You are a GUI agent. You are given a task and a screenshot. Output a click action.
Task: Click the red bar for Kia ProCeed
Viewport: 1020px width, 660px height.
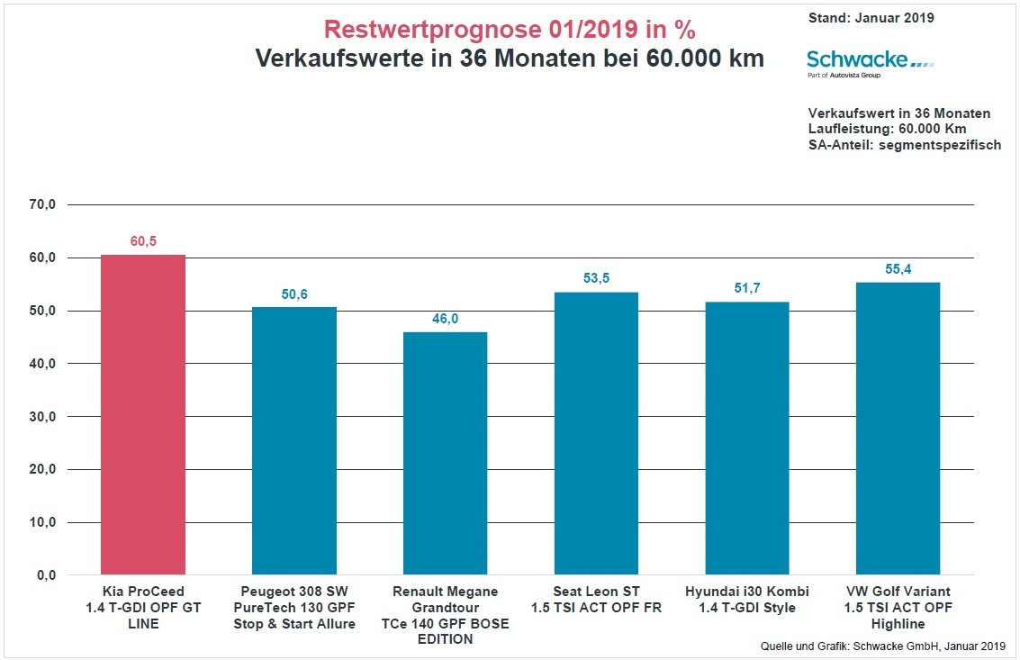142,414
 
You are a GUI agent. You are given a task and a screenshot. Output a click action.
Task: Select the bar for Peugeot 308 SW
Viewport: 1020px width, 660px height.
294,440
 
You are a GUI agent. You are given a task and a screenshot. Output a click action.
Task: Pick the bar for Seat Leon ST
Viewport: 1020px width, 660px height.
596,433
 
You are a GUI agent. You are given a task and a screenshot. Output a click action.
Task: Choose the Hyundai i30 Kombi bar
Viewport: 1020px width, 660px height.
746,438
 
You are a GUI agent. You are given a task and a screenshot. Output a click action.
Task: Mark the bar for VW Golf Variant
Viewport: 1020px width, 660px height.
898,429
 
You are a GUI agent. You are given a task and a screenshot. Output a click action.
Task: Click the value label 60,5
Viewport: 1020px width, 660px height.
143,241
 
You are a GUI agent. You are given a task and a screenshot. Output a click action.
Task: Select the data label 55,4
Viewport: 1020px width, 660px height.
898,269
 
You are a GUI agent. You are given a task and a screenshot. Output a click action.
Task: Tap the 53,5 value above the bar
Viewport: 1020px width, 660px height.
596,278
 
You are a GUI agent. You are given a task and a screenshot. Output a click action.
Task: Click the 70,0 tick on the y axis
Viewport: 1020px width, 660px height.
41,204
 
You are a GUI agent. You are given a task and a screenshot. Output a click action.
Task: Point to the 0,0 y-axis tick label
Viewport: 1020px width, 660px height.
45,574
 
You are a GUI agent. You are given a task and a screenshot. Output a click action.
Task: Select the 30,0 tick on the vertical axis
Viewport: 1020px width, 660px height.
41,416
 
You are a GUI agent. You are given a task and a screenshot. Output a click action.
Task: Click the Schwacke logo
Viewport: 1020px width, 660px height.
870,62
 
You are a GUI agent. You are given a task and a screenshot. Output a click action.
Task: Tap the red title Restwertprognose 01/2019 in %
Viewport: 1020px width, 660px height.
510,29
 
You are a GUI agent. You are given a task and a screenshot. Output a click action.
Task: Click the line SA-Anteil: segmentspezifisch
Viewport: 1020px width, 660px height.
905,145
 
